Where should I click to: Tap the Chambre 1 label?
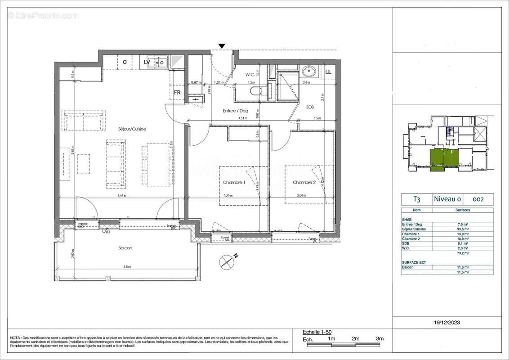click(234, 182)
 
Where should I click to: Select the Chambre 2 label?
click(304, 182)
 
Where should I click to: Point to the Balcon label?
click(125, 247)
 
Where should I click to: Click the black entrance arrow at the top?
click(222, 46)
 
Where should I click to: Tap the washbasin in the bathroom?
click(309, 71)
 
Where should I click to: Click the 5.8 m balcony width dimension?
click(128, 267)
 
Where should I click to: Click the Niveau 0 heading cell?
click(447, 199)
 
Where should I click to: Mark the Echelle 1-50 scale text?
click(317, 332)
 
